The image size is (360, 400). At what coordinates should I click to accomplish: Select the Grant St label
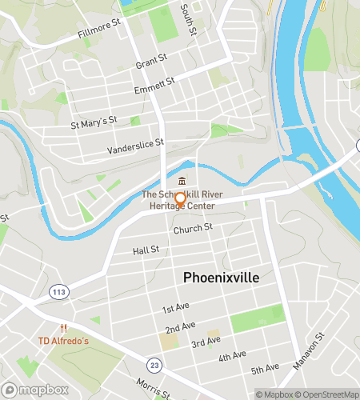pyautogui.click(x=151, y=60)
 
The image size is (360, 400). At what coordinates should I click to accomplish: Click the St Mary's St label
pyautogui.click(x=94, y=122)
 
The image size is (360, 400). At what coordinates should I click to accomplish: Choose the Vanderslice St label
pyautogui.click(x=135, y=147)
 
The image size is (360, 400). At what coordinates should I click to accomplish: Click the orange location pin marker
pyautogui.click(x=181, y=200)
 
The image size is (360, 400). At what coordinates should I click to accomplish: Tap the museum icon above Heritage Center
pyautogui.click(x=182, y=179)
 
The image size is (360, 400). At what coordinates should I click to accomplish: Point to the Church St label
pyautogui.click(x=193, y=228)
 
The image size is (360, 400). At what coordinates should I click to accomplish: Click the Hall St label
pyautogui.click(x=146, y=250)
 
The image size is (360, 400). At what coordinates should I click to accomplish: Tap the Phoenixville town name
pyautogui.click(x=221, y=277)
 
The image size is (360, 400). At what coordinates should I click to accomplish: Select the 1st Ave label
pyautogui.click(x=174, y=309)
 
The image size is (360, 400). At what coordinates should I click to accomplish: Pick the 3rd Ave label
pyautogui.click(x=206, y=342)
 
